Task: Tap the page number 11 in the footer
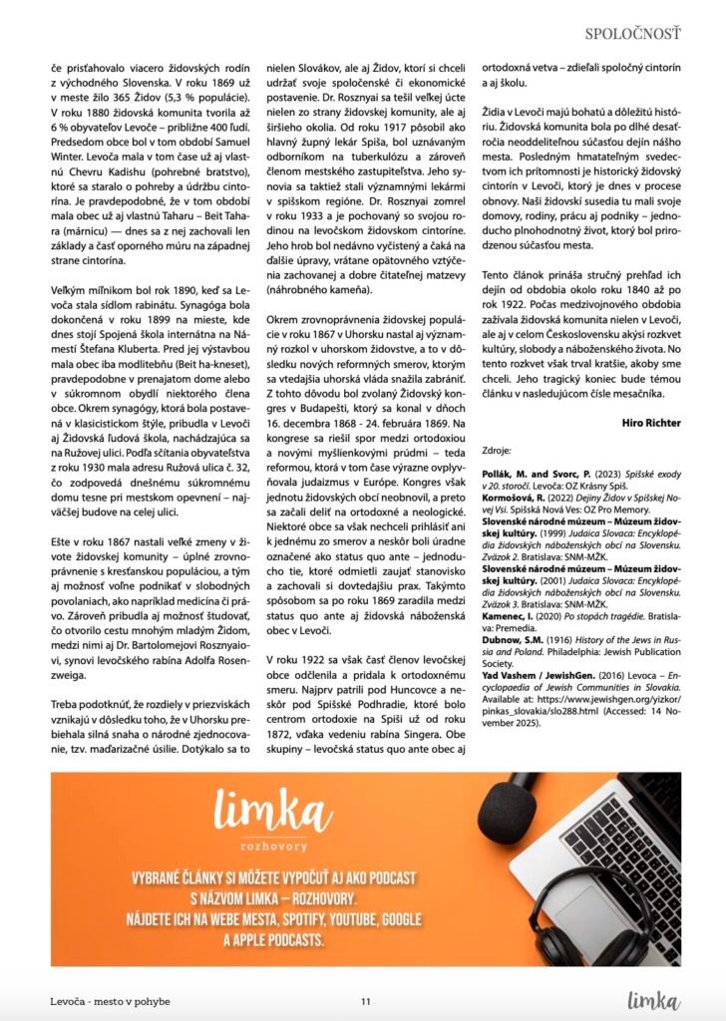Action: coord(366,1001)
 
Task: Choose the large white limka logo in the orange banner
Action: coord(263,806)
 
